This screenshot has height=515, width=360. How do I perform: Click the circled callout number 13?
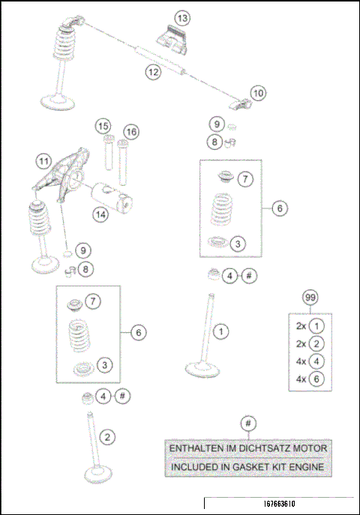click(182, 17)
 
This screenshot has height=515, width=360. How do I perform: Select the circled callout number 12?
click(153, 72)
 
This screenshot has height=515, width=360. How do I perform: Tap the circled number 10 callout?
click(257, 93)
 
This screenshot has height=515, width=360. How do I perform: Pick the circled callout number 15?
click(103, 125)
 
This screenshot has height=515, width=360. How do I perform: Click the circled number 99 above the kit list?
click(310, 298)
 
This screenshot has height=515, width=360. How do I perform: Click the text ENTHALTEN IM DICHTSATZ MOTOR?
click(247, 448)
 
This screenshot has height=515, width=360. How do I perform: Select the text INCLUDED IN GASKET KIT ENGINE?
click(247, 467)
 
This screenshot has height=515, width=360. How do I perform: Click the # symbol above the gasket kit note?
click(247, 424)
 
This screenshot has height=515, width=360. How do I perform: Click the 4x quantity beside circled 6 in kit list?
click(301, 379)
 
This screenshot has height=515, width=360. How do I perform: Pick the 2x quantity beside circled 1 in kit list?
click(301, 326)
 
